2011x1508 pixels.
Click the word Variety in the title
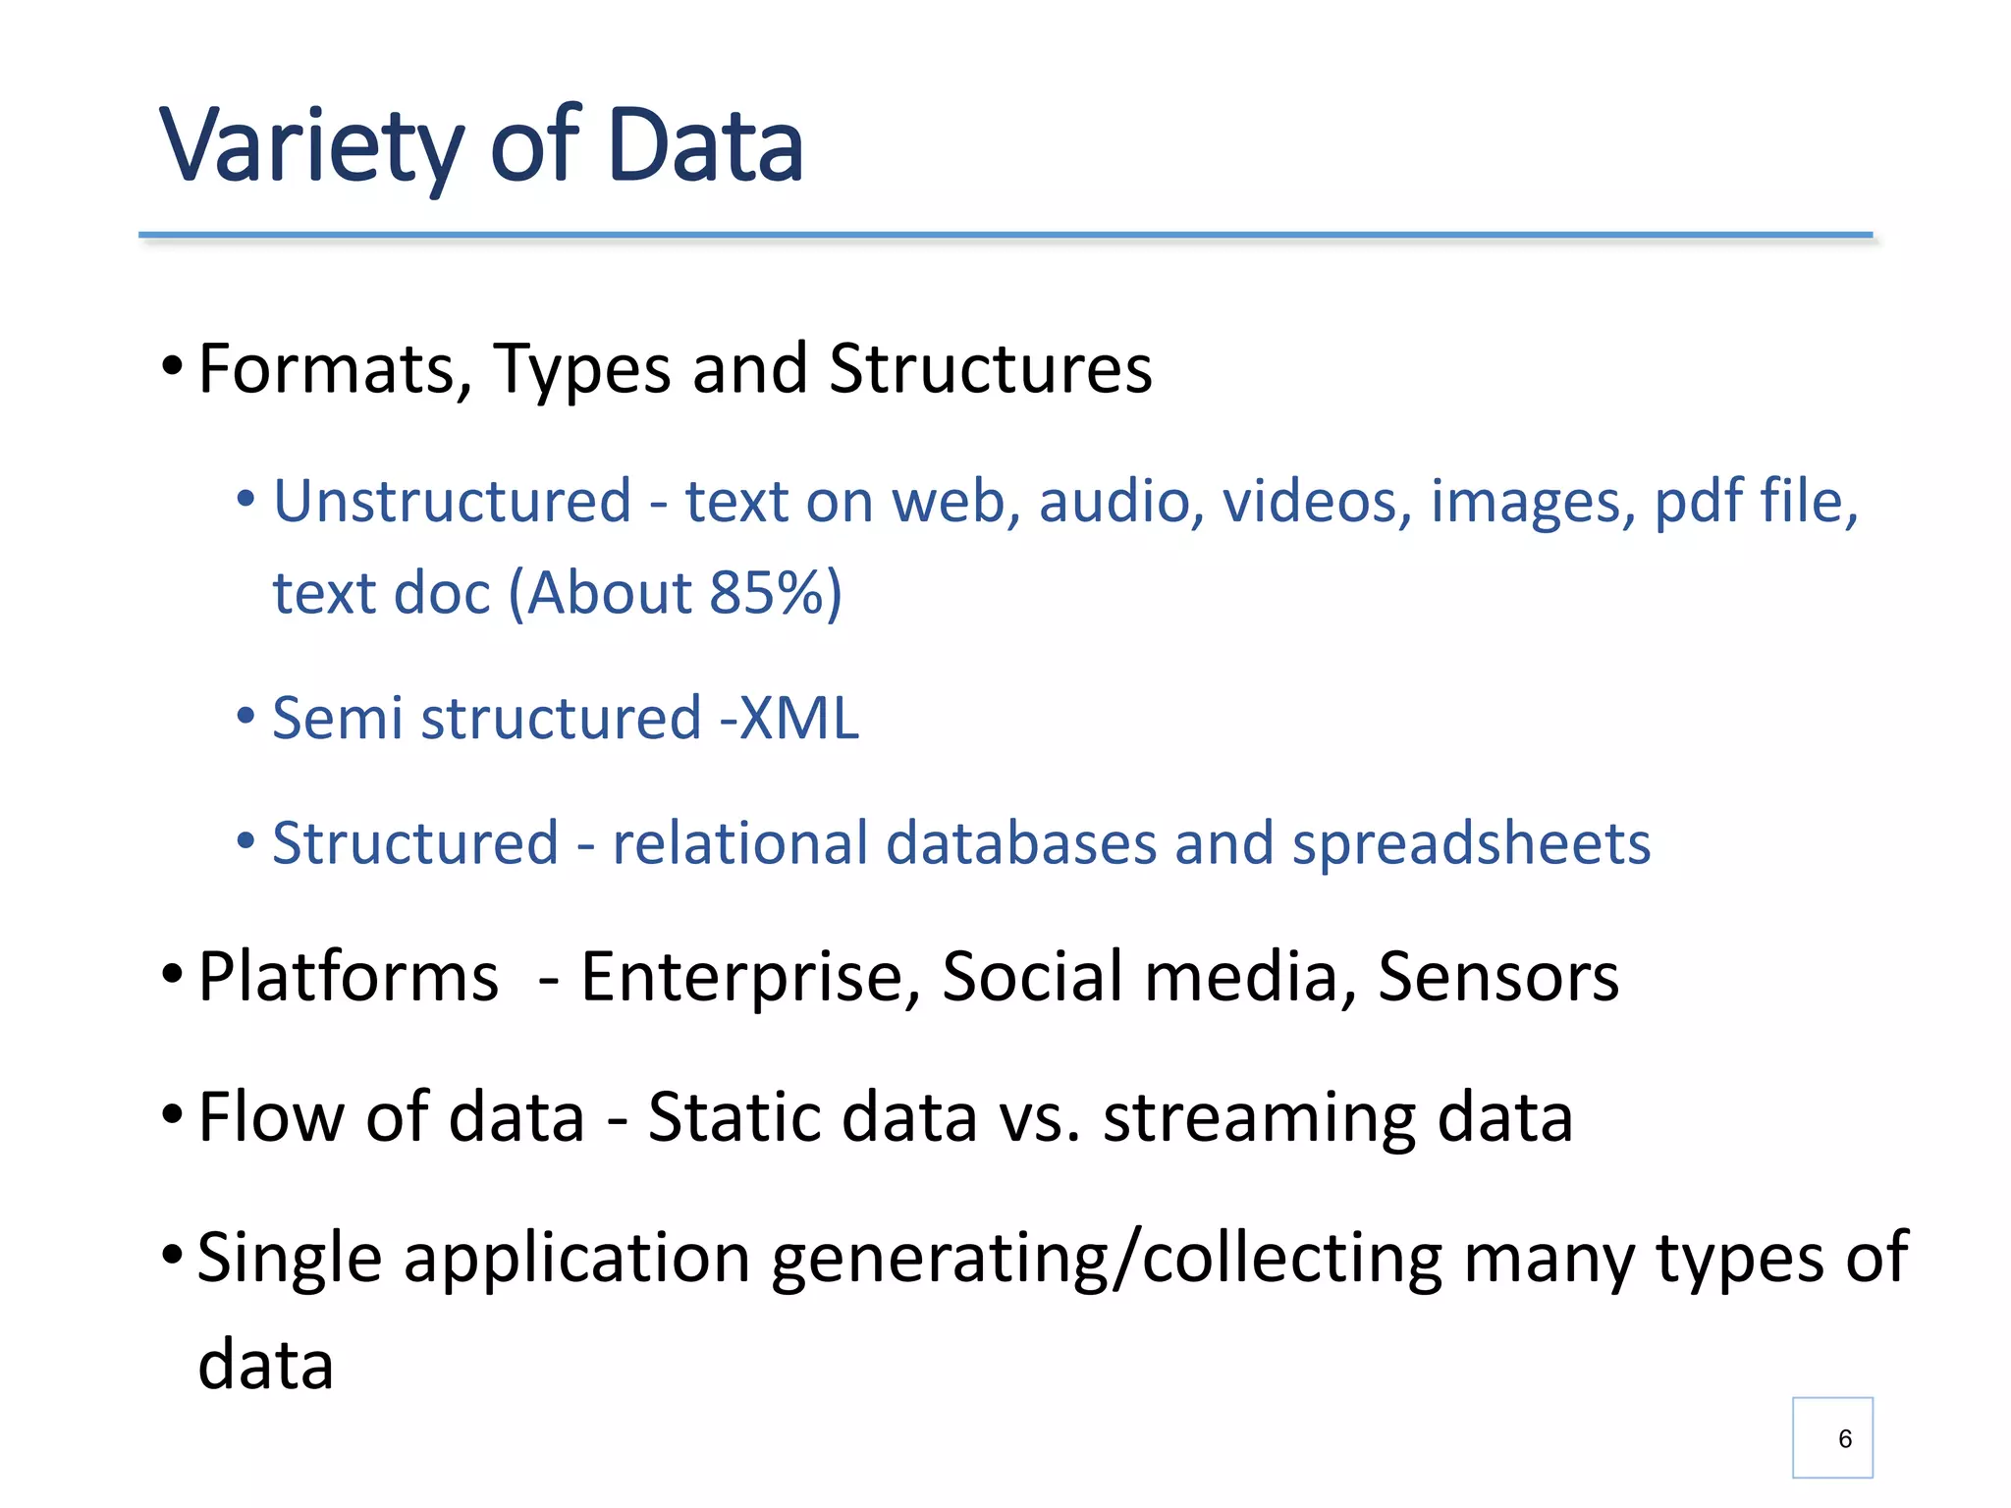(x=310, y=147)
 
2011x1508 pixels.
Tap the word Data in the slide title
(x=705, y=147)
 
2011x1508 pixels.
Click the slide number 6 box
(x=1831, y=1437)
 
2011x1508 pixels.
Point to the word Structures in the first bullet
(x=990, y=369)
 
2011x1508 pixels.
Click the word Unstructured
(x=452, y=502)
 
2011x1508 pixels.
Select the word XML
(x=799, y=718)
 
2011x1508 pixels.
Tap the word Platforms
(x=348, y=977)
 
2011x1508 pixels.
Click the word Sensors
(x=1497, y=977)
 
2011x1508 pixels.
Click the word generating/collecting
(x=1107, y=1259)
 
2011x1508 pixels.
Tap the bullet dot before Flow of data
(x=172, y=1114)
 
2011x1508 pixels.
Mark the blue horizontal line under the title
(x=1005, y=236)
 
